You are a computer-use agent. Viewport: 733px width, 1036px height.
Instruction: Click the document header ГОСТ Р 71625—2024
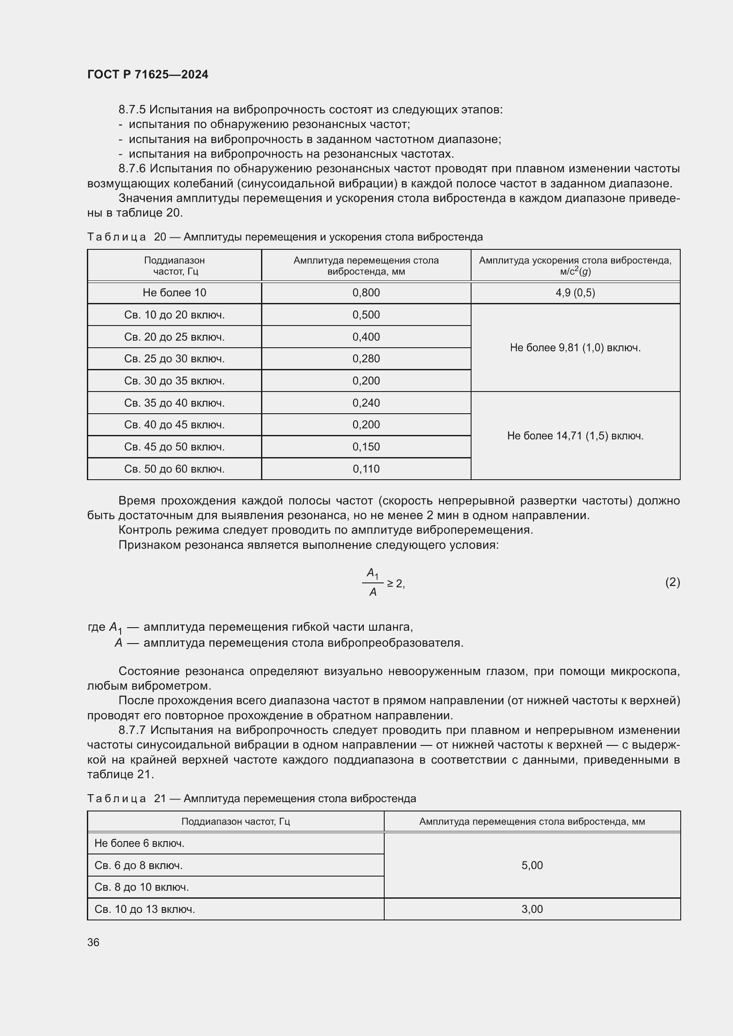pos(148,74)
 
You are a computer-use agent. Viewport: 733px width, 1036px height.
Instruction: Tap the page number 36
pos(94,942)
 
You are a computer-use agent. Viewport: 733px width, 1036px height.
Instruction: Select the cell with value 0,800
pos(366,293)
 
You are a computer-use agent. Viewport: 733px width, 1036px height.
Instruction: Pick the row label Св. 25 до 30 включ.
pos(174,359)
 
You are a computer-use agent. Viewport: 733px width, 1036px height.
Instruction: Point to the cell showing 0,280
pos(366,359)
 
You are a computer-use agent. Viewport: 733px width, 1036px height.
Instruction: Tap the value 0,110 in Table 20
pos(366,469)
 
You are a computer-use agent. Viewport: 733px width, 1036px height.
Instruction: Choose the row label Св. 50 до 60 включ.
pos(174,469)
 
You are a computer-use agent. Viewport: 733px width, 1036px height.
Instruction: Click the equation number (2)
pos(672,582)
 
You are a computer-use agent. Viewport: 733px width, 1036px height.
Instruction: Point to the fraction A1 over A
pos(373,582)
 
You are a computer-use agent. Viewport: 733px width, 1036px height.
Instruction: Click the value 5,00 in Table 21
pos(532,865)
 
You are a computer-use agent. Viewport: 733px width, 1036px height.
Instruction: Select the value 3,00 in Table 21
pos(532,909)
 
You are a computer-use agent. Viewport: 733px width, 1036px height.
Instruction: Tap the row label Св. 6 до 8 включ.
pos(139,865)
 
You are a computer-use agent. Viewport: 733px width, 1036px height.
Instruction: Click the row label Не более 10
pos(174,293)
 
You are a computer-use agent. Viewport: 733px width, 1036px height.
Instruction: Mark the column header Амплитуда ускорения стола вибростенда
pos(575,265)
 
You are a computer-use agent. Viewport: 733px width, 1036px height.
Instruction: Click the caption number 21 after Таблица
pos(160,799)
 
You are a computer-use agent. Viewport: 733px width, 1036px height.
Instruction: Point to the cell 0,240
pos(366,403)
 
